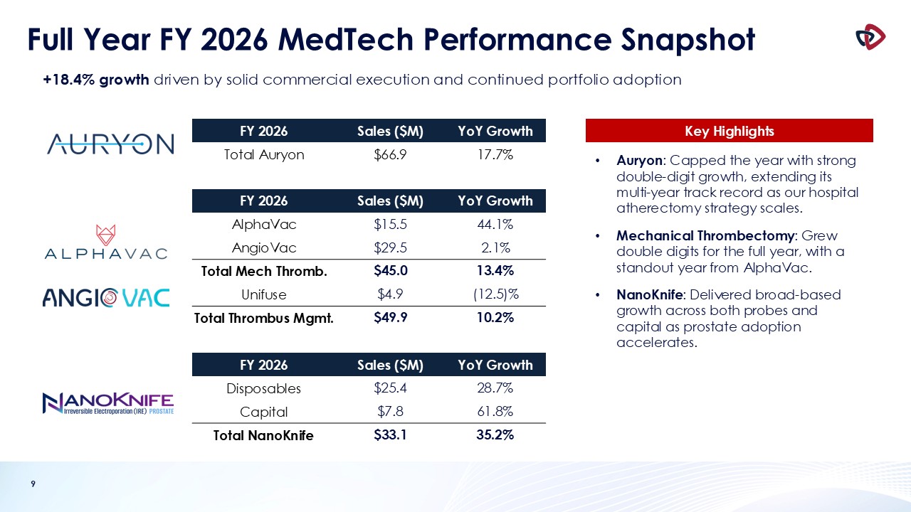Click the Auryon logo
pyautogui.click(x=110, y=144)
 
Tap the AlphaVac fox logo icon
pyautogui.click(x=106, y=235)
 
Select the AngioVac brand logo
pyautogui.click(x=106, y=298)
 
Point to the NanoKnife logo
pyautogui.click(x=108, y=403)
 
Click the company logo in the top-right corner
pyautogui.click(x=870, y=38)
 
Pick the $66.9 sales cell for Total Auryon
pyautogui.click(x=390, y=155)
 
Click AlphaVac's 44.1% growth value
pyautogui.click(x=495, y=224)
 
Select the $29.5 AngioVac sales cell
pyautogui.click(x=390, y=247)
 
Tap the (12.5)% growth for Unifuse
pyautogui.click(x=496, y=294)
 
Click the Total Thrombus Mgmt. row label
pyautogui.click(x=263, y=318)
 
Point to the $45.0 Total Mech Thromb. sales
pyautogui.click(x=391, y=271)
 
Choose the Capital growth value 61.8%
pyautogui.click(x=495, y=412)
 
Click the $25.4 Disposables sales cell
pyautogui.click(x=390, y=388)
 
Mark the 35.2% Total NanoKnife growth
pyautogui.click(x=495, y=435)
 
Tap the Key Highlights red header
pyautogui.click(x=730, y=130)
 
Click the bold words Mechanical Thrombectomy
pyautogui.click(x=705, y=235)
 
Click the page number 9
pyautogui.click(x=33, y=484)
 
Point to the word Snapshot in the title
pyautogui.click(x=688, y=41)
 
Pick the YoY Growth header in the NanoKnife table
pyautogui.click(x=495, y=365)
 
